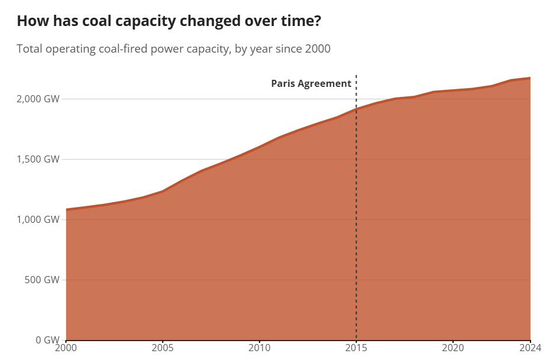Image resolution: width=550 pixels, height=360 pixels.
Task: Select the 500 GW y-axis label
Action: point(43,280)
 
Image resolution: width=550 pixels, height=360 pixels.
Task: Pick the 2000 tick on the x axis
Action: point(66,348)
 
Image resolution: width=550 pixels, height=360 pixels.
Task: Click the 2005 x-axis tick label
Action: point(163,348)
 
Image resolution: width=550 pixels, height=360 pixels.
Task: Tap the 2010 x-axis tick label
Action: point(259,348)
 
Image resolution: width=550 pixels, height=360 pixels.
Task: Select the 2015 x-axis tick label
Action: point(356,348)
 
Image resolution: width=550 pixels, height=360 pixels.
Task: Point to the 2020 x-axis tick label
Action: point(453,348)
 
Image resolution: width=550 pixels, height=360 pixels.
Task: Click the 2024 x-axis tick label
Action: point(530,348)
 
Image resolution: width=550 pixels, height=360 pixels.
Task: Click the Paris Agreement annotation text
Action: point(311,83)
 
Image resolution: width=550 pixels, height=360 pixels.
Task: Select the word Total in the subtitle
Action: point(30,48)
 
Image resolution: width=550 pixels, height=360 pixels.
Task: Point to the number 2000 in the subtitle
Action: point(318,48)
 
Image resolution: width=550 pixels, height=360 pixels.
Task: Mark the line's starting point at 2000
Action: point(66,209)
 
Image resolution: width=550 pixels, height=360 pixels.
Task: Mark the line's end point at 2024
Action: point(530,78)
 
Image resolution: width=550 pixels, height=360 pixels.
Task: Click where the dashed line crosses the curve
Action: point(356,109)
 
